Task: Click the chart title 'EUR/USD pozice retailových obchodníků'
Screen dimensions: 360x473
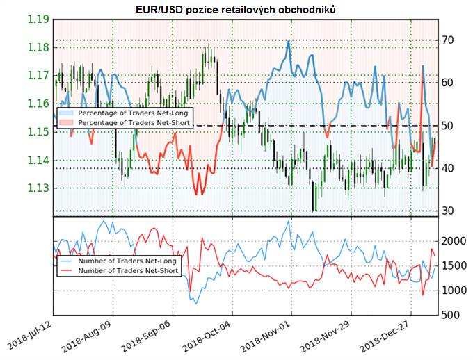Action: click(x=236, y=8)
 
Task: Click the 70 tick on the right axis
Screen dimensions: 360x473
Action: click(x=450, y=40)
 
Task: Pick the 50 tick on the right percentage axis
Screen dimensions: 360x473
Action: click(x=450, y=126)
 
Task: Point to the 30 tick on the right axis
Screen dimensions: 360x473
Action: click(x=450, y=211)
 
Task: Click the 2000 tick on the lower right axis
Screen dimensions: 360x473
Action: click(x=455, y=240)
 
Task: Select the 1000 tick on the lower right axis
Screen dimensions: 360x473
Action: click(x=455, y=291)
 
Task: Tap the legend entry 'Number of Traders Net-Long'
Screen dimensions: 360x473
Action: click(x=122, y=261)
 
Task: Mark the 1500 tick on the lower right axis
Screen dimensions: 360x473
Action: click(x=455, y=265)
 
